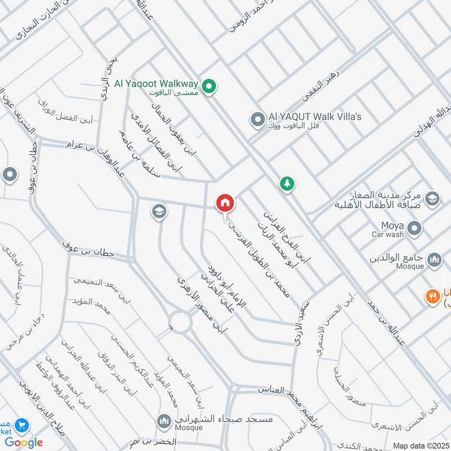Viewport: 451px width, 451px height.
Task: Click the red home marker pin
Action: tap(225, 203)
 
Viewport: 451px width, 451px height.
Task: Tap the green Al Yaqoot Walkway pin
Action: tap(210, 86)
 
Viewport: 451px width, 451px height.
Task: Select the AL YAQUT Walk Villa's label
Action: tap(315, 117)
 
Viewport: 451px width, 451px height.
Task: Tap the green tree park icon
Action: tap(288, 183)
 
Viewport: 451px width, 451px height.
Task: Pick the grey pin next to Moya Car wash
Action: tap(415, 228)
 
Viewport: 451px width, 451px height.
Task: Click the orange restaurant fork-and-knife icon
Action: tap(432, 296)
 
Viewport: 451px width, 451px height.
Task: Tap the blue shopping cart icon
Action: tap(22, 425)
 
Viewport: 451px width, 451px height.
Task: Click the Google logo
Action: tap(24, 443)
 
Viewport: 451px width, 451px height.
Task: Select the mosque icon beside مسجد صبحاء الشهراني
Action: tap(164, 421)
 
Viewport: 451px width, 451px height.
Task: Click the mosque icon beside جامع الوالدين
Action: tap(434, 259)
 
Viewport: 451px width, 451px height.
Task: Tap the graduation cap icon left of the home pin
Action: tap(158, 211)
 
